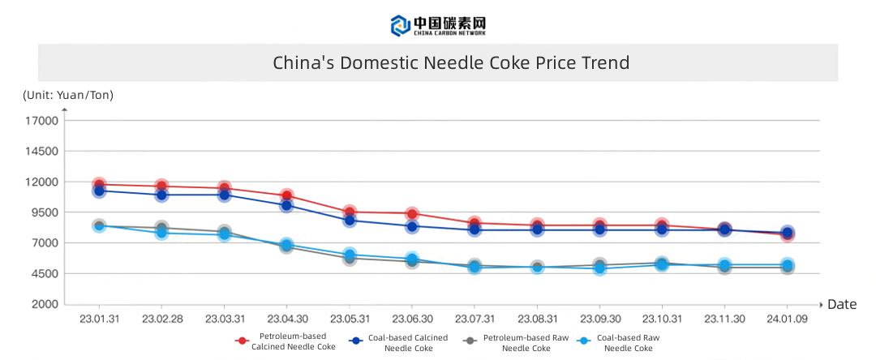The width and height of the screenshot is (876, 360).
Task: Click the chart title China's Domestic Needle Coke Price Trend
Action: [x=450, y=63]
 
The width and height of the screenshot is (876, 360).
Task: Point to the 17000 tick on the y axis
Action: [x=45, y=121]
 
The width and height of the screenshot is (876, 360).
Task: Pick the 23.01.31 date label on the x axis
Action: [x=99, y=319]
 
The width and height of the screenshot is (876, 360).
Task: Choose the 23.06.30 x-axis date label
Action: [x=412, y=319]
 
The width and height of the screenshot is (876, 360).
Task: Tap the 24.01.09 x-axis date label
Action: [x=787, y=319]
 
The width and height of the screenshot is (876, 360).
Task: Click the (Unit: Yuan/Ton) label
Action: [x=68, y=96]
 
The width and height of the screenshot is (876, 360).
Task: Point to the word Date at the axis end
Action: [x=842, y=305]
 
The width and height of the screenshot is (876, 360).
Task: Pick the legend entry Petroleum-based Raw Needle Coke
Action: [x=511, y=341]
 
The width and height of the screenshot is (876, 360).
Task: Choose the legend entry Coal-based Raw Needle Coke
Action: [x=620, y=341]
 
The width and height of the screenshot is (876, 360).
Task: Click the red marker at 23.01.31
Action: [x=99, y=185]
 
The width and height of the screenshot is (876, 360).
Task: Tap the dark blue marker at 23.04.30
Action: [x=286, y=205]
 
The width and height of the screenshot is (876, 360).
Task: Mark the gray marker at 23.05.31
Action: [x=350, y=258]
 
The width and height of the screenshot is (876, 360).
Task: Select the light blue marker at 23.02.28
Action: [x=161, y=233]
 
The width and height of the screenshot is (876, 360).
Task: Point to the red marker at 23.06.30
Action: [x=412, y=214]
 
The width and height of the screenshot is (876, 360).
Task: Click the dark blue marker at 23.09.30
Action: [x=599, y=229]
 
